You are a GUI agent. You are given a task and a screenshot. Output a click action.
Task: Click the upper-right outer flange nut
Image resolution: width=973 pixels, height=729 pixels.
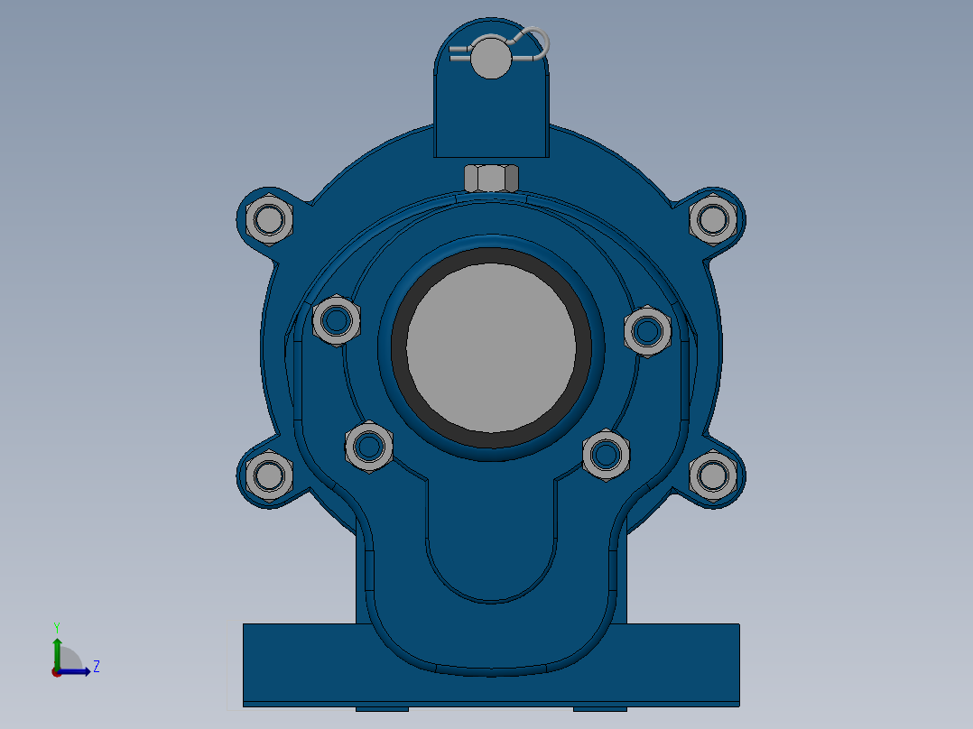pyautogui.click(x=713, y=219)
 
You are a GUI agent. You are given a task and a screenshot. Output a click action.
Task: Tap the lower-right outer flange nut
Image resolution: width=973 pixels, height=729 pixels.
pyautogui.click(x=713, y=475)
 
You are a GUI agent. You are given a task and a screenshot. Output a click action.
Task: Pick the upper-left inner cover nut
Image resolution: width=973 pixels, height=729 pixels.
pyautogui.click(x=338, y=319)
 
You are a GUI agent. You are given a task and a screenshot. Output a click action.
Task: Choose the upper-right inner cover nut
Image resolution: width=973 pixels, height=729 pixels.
pyautogui.click(x=647, y=331)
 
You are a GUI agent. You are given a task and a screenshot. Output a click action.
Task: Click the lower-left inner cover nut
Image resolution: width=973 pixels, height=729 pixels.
pyautogui.click(x=368, y=446)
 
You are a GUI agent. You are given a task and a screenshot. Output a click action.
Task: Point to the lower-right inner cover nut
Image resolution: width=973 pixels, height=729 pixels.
pyautogui.click(x=606, y=454)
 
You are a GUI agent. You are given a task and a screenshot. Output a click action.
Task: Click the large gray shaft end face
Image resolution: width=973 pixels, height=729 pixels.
pyautogui.click(x=491, y=348)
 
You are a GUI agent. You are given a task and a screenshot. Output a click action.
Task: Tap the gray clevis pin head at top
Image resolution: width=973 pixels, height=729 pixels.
pyautogui.click(x=490, y=57)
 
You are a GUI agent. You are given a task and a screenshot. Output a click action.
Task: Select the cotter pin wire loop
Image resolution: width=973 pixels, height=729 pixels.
pyautogui.click(x=538, y=41)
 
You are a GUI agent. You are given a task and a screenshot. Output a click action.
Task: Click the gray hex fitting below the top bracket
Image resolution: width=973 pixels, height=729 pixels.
pyautogui.click(x=491, y=178)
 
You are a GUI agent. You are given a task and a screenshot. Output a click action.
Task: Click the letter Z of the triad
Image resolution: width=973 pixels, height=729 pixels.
pyautogui.click(x=96, y=667)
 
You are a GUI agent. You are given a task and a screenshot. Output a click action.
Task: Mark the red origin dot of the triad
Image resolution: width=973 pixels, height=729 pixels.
pyautogui.click(x=57, y=671)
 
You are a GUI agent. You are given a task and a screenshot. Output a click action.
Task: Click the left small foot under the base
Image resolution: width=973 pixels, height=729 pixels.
pyautogui.click(x=382, y=708)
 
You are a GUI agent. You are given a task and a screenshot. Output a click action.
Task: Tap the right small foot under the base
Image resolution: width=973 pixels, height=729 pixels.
pyautogui.click(x=599, y=708)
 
